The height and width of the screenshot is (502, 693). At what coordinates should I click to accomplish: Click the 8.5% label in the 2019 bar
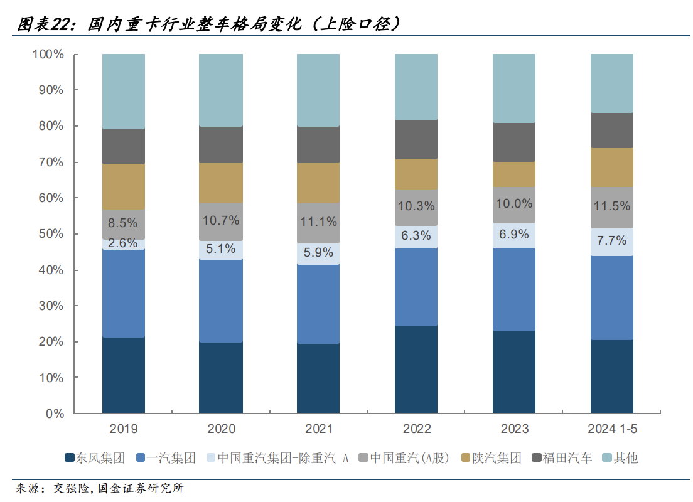(x=123, y=222)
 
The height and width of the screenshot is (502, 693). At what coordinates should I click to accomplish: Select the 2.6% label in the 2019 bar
(x=123, y=243)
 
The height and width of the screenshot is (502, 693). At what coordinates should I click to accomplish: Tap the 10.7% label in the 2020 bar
(x=221, y=220)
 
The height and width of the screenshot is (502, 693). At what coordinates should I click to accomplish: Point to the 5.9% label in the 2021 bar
(x=319, y=254)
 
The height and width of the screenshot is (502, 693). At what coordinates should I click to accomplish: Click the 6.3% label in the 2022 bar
(x=417, y=236)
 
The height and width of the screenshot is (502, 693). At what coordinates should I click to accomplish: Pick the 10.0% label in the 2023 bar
(x=514, y=204)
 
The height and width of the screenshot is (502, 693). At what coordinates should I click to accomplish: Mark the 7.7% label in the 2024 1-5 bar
(x=612, y=240)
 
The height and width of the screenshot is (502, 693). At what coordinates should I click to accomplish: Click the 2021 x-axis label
(x=319, y=429)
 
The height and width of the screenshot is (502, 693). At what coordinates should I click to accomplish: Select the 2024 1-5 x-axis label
(x=612, y=429)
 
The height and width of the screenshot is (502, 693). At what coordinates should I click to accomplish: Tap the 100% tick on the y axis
(x=48, y=55)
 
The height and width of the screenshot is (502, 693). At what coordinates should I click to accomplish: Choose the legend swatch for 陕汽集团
(x=465, y=458)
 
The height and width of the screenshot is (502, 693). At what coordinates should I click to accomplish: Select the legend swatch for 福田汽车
(x=537, y=458)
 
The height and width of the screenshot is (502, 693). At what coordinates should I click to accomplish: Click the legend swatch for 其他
(x=607, y=458)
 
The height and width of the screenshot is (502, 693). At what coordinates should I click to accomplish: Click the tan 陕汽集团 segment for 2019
(x=123, y=186)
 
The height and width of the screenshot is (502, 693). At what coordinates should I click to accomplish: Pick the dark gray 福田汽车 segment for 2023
(x=514, y=142)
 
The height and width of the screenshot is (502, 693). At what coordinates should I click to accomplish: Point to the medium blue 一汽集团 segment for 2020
(x=221, y=301)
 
